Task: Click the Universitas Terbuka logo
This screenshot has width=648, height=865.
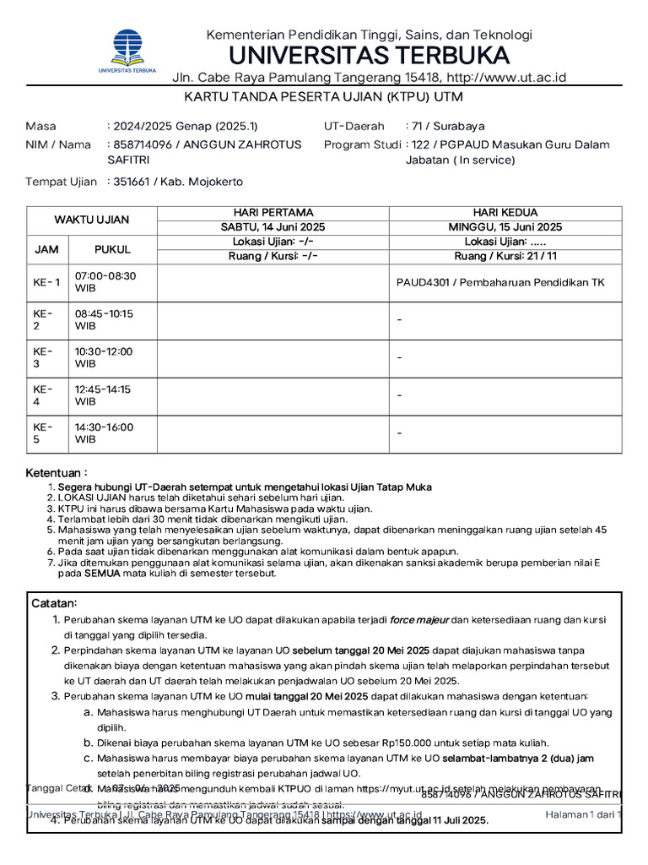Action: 127,52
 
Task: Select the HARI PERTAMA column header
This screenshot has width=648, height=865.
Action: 273,212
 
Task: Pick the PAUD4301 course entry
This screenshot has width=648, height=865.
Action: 500,282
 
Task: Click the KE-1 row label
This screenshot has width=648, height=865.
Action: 46,282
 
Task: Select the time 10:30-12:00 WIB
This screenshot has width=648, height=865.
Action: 104,357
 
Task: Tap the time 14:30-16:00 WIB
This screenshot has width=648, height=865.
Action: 104,433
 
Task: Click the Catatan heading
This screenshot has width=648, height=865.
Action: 55,603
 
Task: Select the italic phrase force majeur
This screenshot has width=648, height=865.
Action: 419,620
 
